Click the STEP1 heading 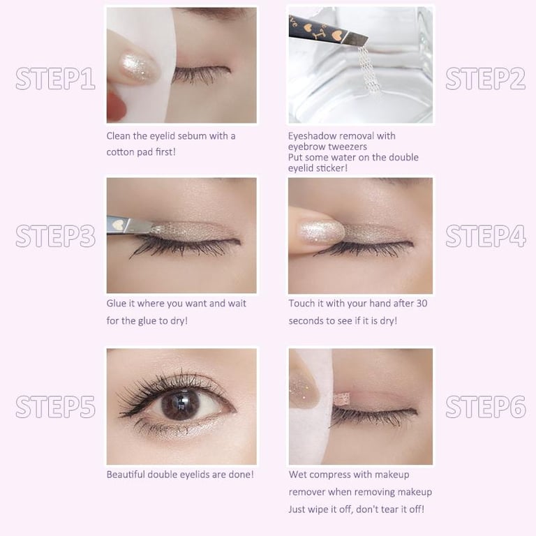[x=55, y=79]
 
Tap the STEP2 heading [x=486, y=79]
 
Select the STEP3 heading [x=55, y=236]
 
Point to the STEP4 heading [x=486, y=236]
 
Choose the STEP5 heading [x=55, y=406]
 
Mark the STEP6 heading [x=486, y=406]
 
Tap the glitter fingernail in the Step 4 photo [x=321, y=232]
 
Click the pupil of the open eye [x=180, y=404]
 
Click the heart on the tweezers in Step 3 [x=118, y=225]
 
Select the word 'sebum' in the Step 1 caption [x=192, y=136]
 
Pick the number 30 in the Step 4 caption [x=422, y=303]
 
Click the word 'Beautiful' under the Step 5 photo [x=126, y=475]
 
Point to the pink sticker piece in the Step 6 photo [x=341, y=398]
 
